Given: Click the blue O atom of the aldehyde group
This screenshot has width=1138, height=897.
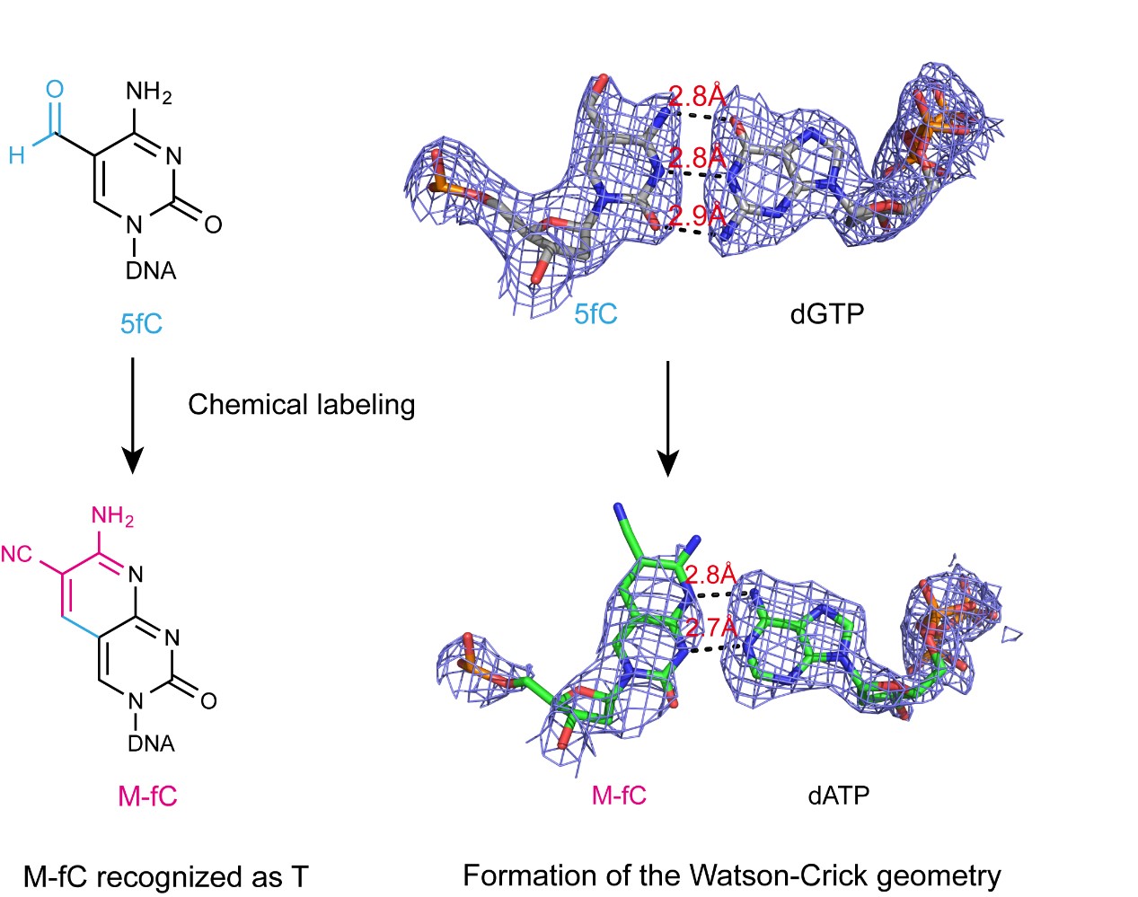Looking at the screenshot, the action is (55, 89).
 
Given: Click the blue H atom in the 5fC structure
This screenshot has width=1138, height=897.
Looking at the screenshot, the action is (17, 155).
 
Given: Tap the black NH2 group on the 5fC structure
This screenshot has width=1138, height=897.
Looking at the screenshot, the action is (148, 92).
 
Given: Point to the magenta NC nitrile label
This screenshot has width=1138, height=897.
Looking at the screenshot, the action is (16, 555).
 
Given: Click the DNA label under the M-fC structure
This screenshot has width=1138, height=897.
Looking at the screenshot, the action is (151, 743).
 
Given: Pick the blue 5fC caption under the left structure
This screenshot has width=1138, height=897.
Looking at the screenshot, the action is (141, 323).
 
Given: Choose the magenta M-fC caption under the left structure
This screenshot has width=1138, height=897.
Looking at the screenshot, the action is (147, 796).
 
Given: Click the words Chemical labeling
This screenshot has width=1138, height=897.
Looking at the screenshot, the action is (302, 405).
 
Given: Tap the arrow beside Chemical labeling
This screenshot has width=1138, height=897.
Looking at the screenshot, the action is (133, 416).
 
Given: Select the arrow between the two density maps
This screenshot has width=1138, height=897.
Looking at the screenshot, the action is (668, 419).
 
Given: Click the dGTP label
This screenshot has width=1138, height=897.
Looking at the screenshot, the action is (827, 314).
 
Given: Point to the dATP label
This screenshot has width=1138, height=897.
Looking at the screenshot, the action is (839, 795).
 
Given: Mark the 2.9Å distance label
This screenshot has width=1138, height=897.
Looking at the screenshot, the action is (697, 215).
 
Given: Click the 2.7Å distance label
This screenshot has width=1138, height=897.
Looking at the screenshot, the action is (711, 628).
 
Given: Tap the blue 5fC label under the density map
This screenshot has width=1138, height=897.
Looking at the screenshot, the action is (595, 314).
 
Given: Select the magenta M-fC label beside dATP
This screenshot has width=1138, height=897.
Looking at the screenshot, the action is (619, 795).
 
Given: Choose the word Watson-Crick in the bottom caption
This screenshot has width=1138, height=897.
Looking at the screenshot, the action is (779, 875).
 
